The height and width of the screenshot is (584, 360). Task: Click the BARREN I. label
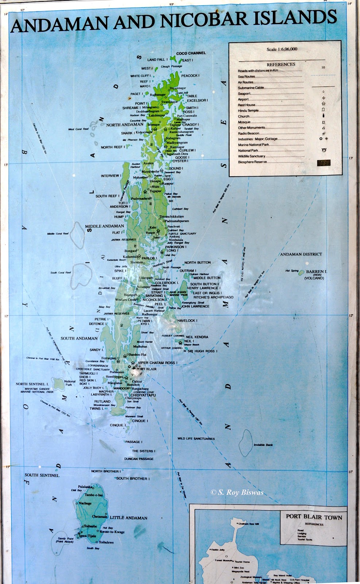click(x=317, y=272)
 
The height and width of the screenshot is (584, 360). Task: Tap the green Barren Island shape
click(x=302, y=272)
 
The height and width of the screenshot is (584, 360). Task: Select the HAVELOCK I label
click(x=187, y=320)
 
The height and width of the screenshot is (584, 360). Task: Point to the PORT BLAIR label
click(x=147, y=369)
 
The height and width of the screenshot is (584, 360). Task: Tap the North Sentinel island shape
click(x=58, y=383)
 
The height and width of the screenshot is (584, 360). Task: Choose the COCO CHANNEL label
click(x=191, y=53)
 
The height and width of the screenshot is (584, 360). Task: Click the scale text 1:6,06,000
click(x=282, y=49)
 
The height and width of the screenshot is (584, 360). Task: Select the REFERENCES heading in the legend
click(x=281, y=65)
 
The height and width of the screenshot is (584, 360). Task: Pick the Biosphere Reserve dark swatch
click(x=324, y=163)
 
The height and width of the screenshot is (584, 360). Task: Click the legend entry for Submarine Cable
click(x=251, y=88)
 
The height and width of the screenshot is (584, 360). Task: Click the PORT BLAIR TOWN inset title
click(x=314, y=516)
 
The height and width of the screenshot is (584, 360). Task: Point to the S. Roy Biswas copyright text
click(x=237, y=492)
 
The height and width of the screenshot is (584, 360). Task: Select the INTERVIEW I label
click(x=111, y=176)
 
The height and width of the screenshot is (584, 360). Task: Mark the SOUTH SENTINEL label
click(x=42, y=475)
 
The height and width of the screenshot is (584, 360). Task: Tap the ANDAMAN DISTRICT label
click(x=301, y=254)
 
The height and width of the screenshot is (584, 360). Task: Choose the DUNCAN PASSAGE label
click(x=139, y=459)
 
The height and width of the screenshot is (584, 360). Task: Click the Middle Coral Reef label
click(x=58, y=234)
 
